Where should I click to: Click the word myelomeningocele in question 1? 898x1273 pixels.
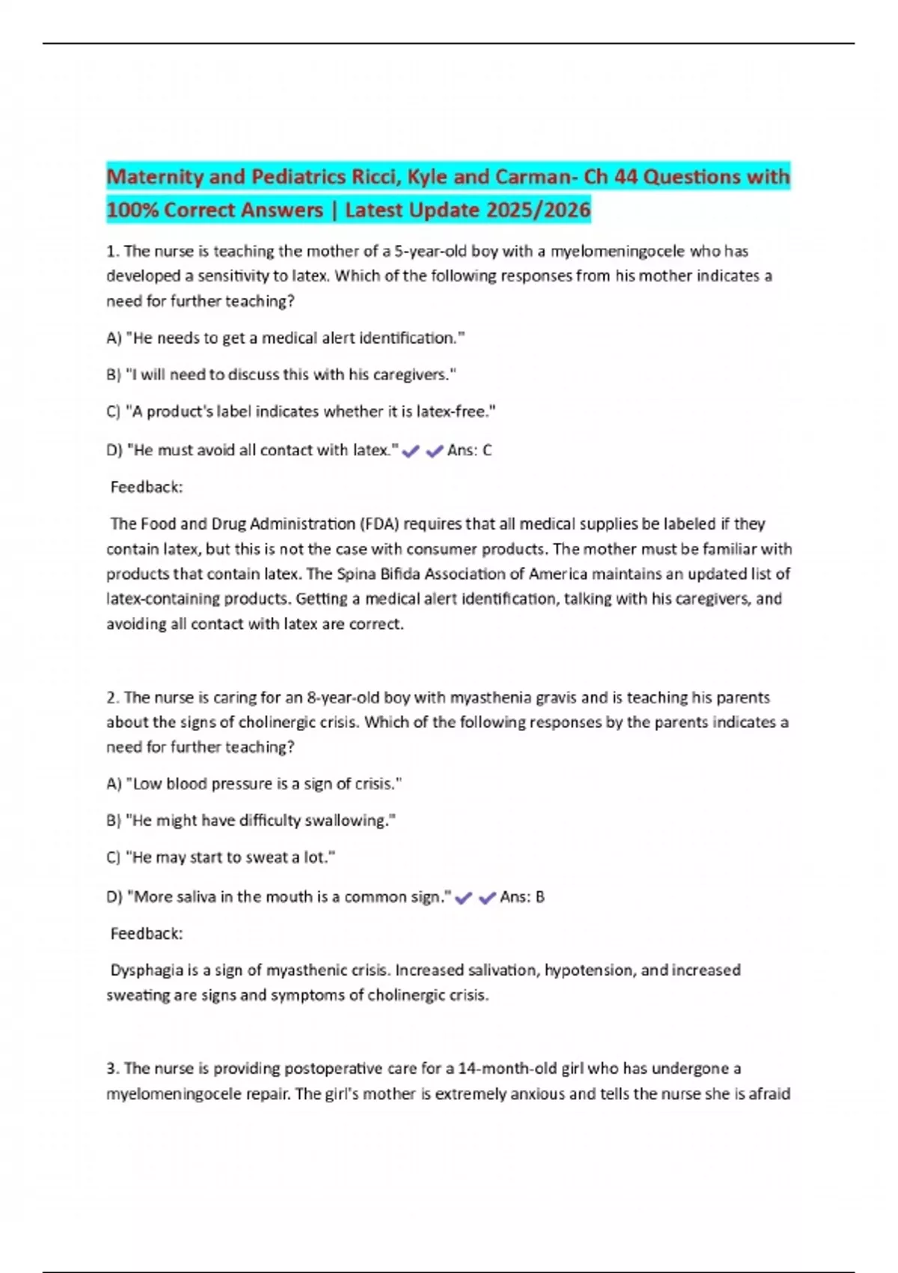[x=617, y=252]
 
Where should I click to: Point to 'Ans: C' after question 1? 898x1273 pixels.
[x=469, y=451]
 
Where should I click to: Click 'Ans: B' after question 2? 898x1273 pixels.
[x=522, y=897]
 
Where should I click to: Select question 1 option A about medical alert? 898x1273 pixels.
[x=285, y=338]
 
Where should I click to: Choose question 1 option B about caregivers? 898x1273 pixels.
[x=281, y=375]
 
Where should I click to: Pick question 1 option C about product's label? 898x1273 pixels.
[x=301, y=412]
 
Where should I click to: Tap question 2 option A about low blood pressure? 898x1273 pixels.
[x=254, y=784]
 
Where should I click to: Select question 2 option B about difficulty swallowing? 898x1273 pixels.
[x=251, y=821]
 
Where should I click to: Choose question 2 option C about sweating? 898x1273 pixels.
[x=221, y=857]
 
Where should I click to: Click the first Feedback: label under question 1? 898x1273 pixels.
[x=147, y=487]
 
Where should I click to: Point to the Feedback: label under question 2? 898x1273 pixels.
[x=147, y=934]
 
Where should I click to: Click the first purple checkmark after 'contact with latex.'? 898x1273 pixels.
[x=410, y=452]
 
